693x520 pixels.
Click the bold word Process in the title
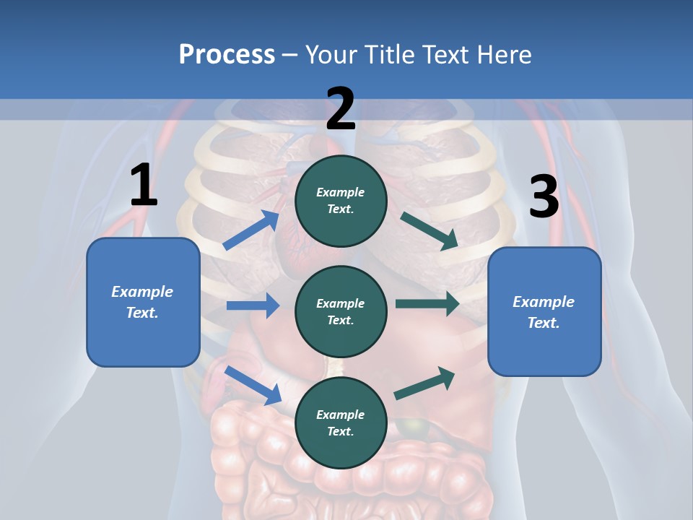point(227,55)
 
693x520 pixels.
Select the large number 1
point(144,186)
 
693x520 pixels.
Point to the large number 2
point(341,110)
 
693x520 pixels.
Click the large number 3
point(544,197)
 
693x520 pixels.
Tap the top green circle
point(341,201)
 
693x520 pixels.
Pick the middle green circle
point(341,311)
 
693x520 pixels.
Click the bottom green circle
point(341,422)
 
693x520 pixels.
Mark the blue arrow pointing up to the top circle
point(251,230)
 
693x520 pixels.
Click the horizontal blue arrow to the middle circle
point(253,305)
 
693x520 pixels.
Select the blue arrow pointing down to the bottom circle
point(253,384)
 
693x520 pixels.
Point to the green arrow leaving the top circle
point(429,230)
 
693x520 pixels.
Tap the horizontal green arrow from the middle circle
point(427,304)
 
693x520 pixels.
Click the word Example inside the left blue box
point(142,292)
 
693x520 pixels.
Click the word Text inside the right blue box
point(543,323)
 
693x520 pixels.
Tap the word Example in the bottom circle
point(341,415)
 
